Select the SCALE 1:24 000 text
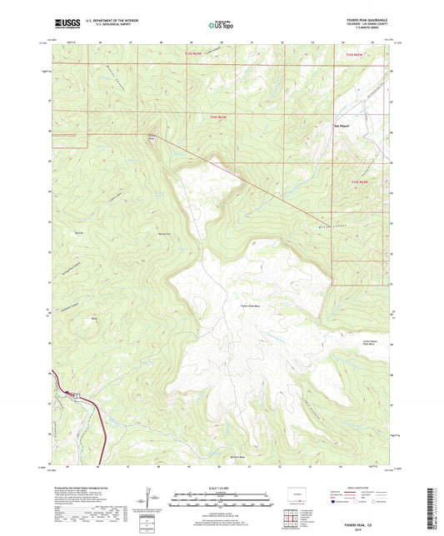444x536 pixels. [x=221, y=486]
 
